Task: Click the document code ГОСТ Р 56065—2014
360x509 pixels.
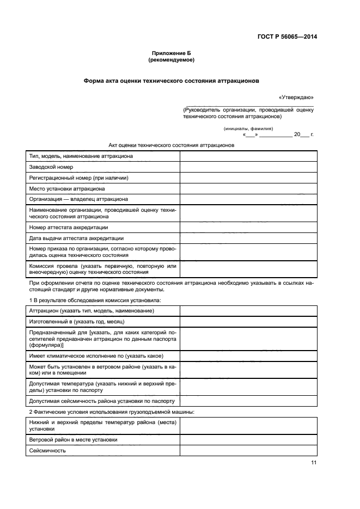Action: click(x=287, y=37)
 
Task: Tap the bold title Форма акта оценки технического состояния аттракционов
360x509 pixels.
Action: click(x=171, y=80)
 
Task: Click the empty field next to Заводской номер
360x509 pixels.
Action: click(x=248, y=167)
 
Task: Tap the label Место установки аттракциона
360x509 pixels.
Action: click(x=67, y=189)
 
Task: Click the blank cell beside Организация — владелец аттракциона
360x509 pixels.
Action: click(x=248, y=199)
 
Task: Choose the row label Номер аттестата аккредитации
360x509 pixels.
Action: click(x=69, y=227)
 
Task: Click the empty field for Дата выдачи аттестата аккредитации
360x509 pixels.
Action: click(x=248, y=238)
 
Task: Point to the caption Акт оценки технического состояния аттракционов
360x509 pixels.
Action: click(x=172, y=146)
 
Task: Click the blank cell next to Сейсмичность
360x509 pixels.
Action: click(x=248, y=450)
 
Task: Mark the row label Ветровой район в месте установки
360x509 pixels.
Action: click(x=73, y=439)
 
